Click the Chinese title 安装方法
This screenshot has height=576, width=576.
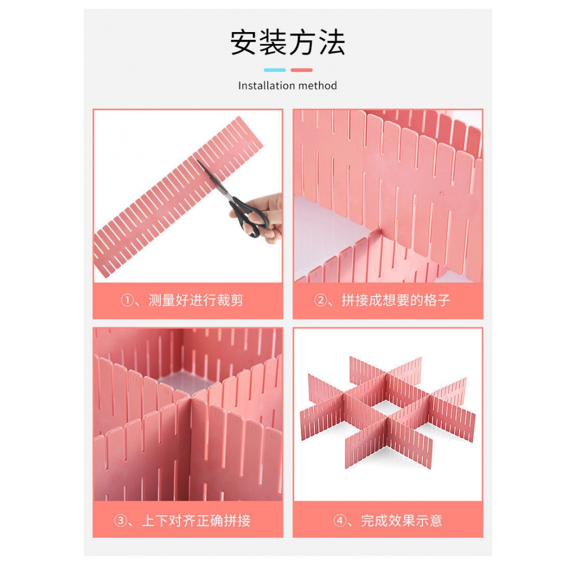(287, 43)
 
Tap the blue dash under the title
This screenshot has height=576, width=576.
(274, 70)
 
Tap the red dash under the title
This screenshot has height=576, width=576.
(301, 70)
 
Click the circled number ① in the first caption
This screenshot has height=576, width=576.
(127, 300)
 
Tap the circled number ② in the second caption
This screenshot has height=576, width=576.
(320, 300)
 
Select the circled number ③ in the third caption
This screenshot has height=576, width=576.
(120, 520)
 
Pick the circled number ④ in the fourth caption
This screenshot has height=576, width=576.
(339, 520)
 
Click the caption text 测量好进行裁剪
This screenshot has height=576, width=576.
(196, 300)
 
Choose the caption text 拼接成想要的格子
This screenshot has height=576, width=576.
(396, 300)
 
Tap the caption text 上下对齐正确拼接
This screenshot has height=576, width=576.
(196, 520)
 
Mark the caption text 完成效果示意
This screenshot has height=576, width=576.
(402, 520)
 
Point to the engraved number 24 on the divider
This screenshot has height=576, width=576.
(234, 420)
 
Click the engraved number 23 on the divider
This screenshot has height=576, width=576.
(216, 413)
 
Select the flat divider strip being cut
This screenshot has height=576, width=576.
(179, 196)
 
